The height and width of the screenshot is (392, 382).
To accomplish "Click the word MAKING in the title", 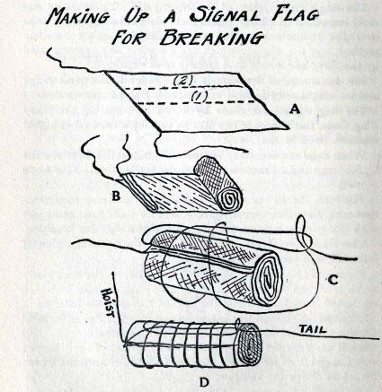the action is point(78,15).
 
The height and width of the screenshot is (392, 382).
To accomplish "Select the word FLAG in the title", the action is point(295,13).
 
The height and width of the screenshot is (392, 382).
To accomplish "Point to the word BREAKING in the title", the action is point(212,37).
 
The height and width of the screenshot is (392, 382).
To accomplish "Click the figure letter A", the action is point(295,110).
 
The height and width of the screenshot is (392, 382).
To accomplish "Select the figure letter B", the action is point(116,196).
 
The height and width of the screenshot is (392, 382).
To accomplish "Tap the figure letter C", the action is point(333,280).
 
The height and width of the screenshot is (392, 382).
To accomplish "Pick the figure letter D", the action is point(204,382).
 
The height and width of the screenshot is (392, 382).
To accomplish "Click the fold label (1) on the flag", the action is point(200,97).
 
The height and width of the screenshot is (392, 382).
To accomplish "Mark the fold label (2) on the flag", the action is point(182,81).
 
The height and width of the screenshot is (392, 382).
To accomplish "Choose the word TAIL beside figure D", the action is point(313,329).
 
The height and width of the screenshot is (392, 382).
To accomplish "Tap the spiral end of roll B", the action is point(229,199).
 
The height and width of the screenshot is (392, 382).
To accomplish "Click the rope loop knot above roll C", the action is point(303,234).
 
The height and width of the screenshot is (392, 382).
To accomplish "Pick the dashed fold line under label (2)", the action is point(183,87).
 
